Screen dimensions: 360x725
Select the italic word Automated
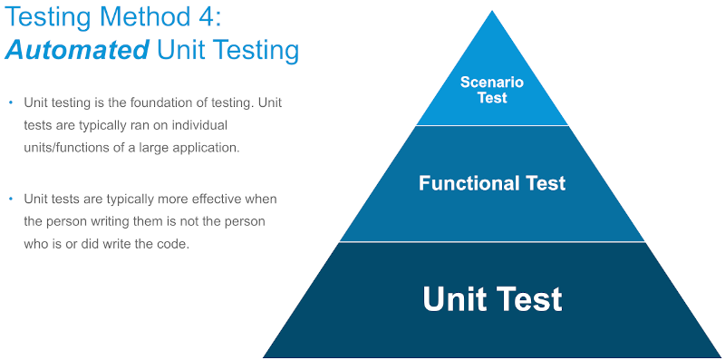point(76,50)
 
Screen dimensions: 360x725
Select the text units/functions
point(66,148)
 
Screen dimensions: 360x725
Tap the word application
point(210,148)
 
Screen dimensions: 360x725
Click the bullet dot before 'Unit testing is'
point(11,102)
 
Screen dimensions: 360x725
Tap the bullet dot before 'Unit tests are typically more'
point(11,199)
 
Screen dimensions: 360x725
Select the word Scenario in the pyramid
point(492,83)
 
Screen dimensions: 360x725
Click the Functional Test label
point(492,183)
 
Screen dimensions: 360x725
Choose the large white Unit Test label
point(492,298)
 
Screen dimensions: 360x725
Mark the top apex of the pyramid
point(492,12)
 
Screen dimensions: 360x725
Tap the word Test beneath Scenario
point(492,97)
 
